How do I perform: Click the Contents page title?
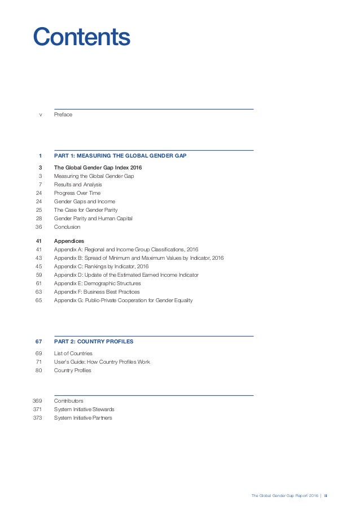tap(81, 37)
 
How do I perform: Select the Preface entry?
tap(63, 115)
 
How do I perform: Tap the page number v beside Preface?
tap(40, 115)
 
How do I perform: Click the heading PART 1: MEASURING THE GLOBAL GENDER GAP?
tap(120, 155)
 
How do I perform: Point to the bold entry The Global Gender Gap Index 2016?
tap(98, 168)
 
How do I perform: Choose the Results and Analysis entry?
tap(78, 185)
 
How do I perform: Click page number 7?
tap(40, 185)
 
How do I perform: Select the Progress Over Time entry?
tap(77, 193)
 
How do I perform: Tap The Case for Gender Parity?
tap(85, 210)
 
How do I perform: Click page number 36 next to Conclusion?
tap(39, 227)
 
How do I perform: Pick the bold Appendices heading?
tap(69, 241)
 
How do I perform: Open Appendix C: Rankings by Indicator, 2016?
tap(102, 267)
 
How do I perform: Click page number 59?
tap(39, 275)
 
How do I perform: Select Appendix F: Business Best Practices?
tap(97, 292)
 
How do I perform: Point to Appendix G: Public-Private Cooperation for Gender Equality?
tap(124, 300)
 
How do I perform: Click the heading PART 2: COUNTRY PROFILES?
tap(94, 342)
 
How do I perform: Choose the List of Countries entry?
tap(73, 354)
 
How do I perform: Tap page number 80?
tap(39, 370)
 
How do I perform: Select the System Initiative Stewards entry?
tap(85, 409)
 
